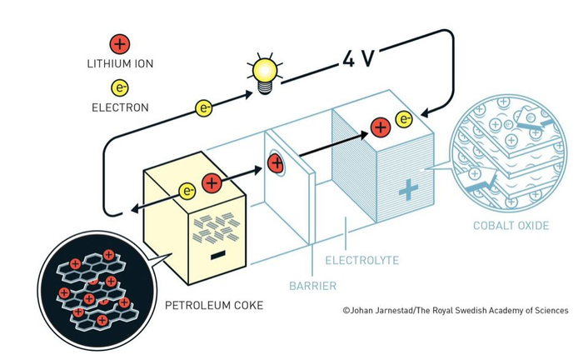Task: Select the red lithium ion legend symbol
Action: [x=119, y=44]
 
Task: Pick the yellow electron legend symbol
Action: [x=119, y=87]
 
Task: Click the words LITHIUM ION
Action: [x=120, y=62]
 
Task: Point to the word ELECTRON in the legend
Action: [x=121, y=107]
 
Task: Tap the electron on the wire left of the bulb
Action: [x=203, y=107]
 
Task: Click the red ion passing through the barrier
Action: [x=275, y=162]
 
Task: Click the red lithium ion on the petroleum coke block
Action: [x=212, y=183]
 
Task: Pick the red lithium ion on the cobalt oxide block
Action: [x=380, y=127]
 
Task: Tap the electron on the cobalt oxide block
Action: [x=405, y=119]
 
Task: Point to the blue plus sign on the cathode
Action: [x=407, y=190]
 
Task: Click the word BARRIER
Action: [x=314, y=286]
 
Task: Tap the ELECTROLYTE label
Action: [x=363, y=261]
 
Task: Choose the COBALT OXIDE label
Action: [x=510, y=225]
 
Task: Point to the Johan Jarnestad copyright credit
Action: [x=455, y=310]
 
